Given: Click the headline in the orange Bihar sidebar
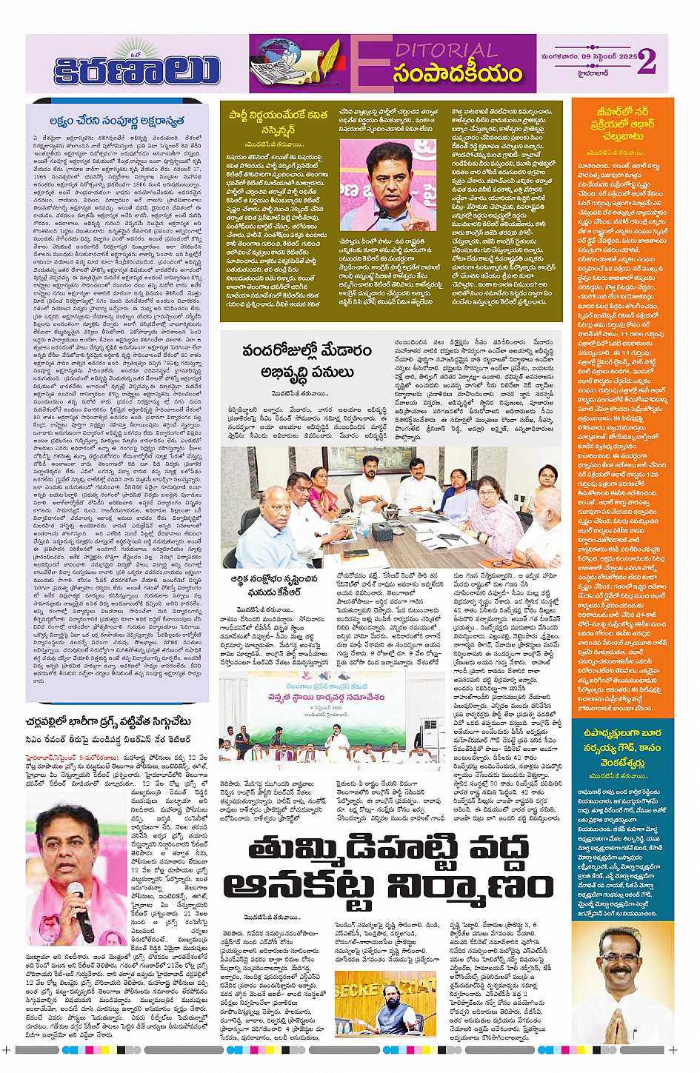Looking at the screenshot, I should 623,124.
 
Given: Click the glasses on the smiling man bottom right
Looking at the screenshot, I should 622,957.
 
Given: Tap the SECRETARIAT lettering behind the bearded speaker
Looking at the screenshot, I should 374,988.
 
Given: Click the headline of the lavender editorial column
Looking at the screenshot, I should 117,121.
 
